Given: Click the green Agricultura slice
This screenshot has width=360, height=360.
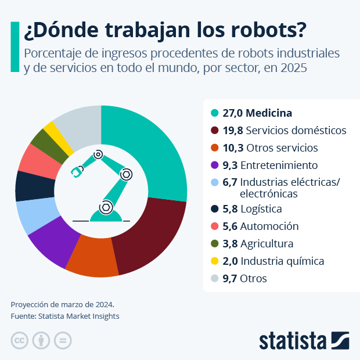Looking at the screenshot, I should tap(41, 139).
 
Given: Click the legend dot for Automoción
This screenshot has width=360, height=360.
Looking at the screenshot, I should tap(215, 226).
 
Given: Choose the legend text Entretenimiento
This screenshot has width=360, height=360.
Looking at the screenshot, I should tap(279, 164).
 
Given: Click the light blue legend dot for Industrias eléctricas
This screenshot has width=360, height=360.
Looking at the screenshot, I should tap(215, 182).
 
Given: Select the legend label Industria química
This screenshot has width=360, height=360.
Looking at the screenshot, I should tap(282, 261).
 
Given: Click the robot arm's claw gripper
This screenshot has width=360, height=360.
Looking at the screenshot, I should tap(77, 172).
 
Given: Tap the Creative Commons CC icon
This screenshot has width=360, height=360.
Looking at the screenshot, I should tap(20, 340).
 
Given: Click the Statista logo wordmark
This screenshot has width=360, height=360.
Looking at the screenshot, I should tap(293, 340).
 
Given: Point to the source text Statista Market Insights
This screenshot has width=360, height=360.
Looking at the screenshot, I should tap(78, 316).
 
